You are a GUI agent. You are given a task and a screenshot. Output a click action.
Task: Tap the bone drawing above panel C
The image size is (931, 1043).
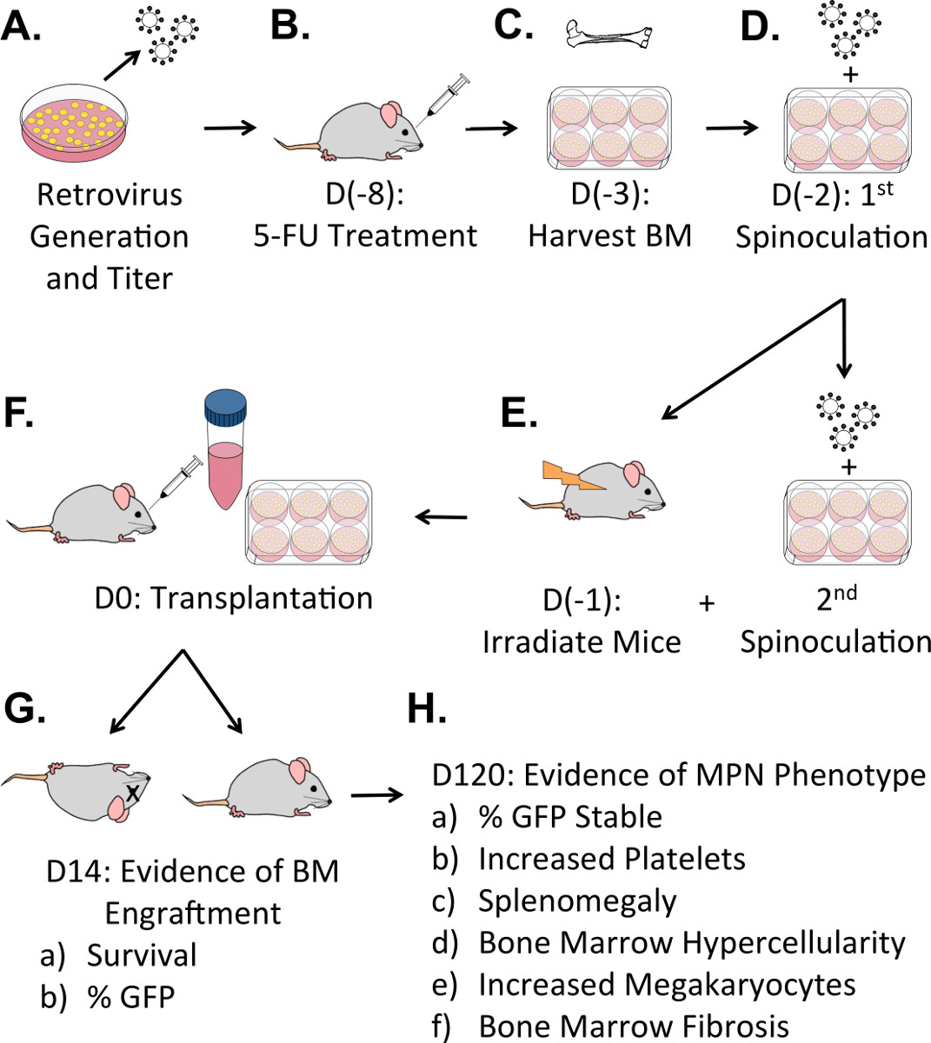pyautogui.click(x=608, y=35)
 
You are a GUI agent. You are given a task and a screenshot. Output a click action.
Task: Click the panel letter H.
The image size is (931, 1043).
pyautogui.click(x=427, y=709)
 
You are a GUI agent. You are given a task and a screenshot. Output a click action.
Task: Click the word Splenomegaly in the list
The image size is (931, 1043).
pyautogui.click(x=577, y=901)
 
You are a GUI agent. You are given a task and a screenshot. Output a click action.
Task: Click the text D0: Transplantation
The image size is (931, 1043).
pyautogui.click(x=234, y=598)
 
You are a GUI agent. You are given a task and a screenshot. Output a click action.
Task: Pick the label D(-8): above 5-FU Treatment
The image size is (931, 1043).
pyautogui.click(x=365, y=193)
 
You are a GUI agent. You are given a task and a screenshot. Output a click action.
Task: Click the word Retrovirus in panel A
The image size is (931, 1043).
pyautogui.click(x=110, y=194)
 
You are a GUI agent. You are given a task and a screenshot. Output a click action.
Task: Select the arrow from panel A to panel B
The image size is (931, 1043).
pyautogui.click(x=230, y=129)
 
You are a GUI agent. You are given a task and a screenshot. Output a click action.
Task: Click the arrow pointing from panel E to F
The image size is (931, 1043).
pyautogui.click(x=441, y=518)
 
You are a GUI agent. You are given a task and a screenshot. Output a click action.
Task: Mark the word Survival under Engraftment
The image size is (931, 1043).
pyautogui.click(x=142, y=955)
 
